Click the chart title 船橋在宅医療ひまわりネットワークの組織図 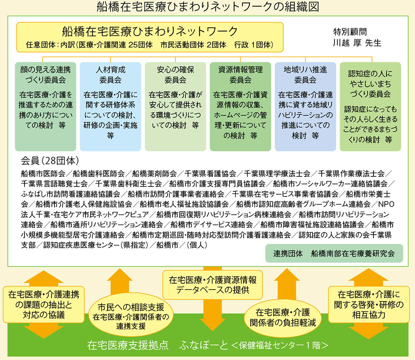click(x=207, y=7)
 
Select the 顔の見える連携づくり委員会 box click(x=46, y=106)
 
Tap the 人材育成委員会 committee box click(x=110, y=106)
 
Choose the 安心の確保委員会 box click(x=176, y=106)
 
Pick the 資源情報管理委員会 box click(x=240, y=106)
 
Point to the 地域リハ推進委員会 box click(x=305, y=106)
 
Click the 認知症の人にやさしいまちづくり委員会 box click(x=370, y=106)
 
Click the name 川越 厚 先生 click(x=357, y=43)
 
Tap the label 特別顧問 click(x=350, y=32)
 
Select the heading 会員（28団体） click(x=50, y=161)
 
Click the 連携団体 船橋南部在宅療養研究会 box click(x=334, y=254)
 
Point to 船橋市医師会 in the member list click(x=43, y=174)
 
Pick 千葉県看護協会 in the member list click(x=210, y=174)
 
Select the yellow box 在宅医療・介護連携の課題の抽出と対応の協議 click(x=44, y=305)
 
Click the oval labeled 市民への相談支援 click(x=131, y=316)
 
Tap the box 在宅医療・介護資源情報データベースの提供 click(x=212, y=285)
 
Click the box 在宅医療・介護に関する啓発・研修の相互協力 click(x=369, y=305)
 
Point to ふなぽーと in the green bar click(x=203, y=345)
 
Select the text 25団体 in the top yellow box click(x=141, y=45)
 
